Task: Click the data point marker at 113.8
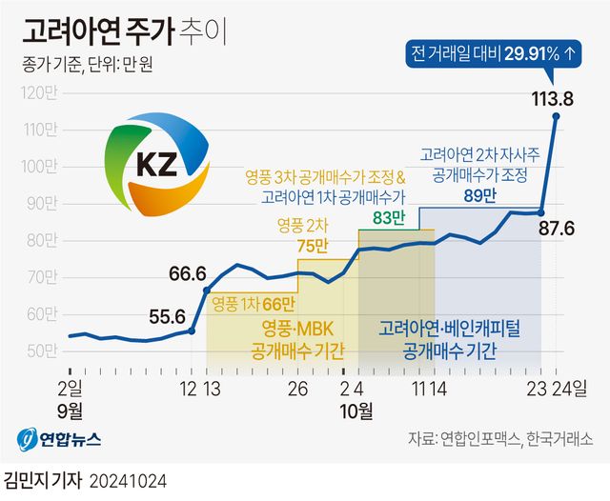click(556, 116)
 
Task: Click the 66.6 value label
click(189, 274)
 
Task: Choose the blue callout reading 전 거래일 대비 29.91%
click(493, 53)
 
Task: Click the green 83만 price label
click(389, 218)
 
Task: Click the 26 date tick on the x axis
click(297, 388)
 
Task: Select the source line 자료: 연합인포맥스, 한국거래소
click(499, 440)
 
